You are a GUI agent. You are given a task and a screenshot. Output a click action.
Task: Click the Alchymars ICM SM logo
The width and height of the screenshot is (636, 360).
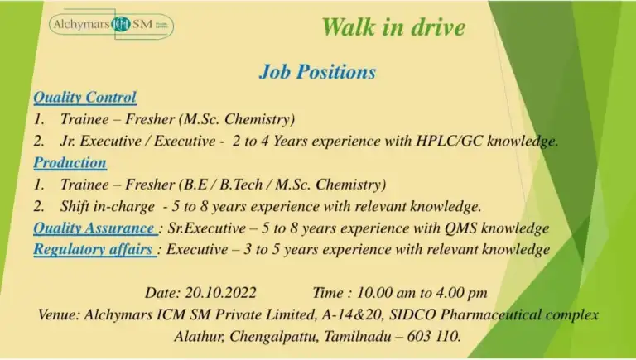[111, 25]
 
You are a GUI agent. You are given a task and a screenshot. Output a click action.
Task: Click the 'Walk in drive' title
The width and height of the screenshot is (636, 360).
[393, 27]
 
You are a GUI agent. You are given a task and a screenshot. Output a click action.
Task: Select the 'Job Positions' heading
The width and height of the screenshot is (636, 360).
[318, 72]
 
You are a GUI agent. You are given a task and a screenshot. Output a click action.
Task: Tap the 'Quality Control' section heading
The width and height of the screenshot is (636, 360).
[84, 98]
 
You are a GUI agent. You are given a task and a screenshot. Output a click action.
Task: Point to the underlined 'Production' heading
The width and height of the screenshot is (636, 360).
[70, 162]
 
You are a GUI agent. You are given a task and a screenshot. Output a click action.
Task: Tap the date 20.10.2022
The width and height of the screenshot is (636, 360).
[221, 293]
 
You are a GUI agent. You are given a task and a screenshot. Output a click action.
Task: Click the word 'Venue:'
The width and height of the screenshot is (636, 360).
[60, 314]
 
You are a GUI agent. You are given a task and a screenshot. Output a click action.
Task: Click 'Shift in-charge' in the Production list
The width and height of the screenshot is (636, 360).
[108, 206]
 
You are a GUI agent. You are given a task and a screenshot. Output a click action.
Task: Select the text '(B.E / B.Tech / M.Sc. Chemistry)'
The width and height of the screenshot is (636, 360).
[282, 185]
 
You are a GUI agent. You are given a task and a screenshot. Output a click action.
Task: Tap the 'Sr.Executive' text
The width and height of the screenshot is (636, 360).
[207, 228]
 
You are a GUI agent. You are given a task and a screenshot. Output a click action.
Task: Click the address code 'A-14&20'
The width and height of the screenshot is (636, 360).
[353, 314]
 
